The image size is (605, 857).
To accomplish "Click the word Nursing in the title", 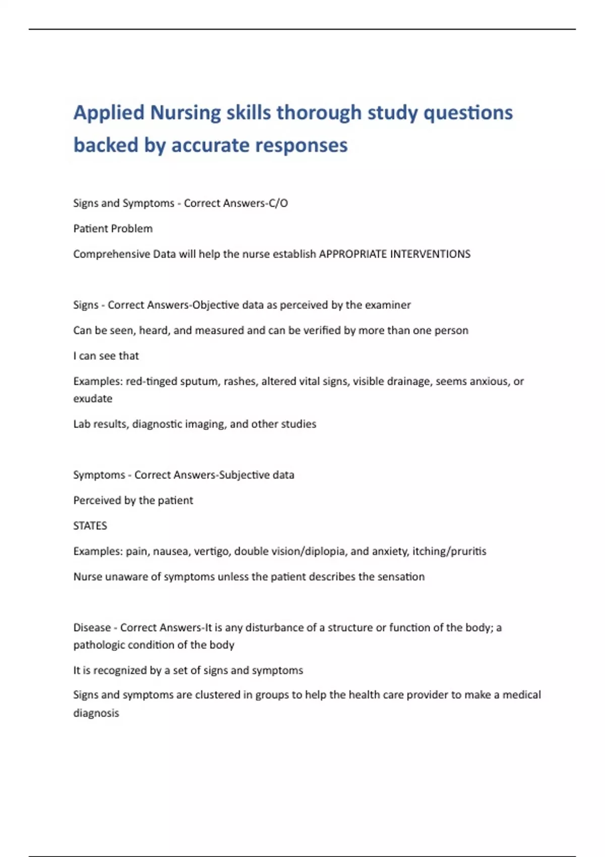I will pyautogui.click(x=185, y=113).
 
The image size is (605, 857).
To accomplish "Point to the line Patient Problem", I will pyautogui.click(x=113, y=229).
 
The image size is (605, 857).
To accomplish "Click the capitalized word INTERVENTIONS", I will pyautogui.click(x=430, y=254).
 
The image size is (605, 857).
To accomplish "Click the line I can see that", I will pyautogui.click(x=106, y=356).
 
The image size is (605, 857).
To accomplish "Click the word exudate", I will pyautogui.click(x=93, y=399).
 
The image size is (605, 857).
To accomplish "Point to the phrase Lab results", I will pyautogui.click(x=100, y=424).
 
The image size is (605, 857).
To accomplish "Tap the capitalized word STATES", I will pyautogui.click(x=90, y=526).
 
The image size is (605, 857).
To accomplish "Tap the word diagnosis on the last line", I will pyautogui.click(x=96, y=713).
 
